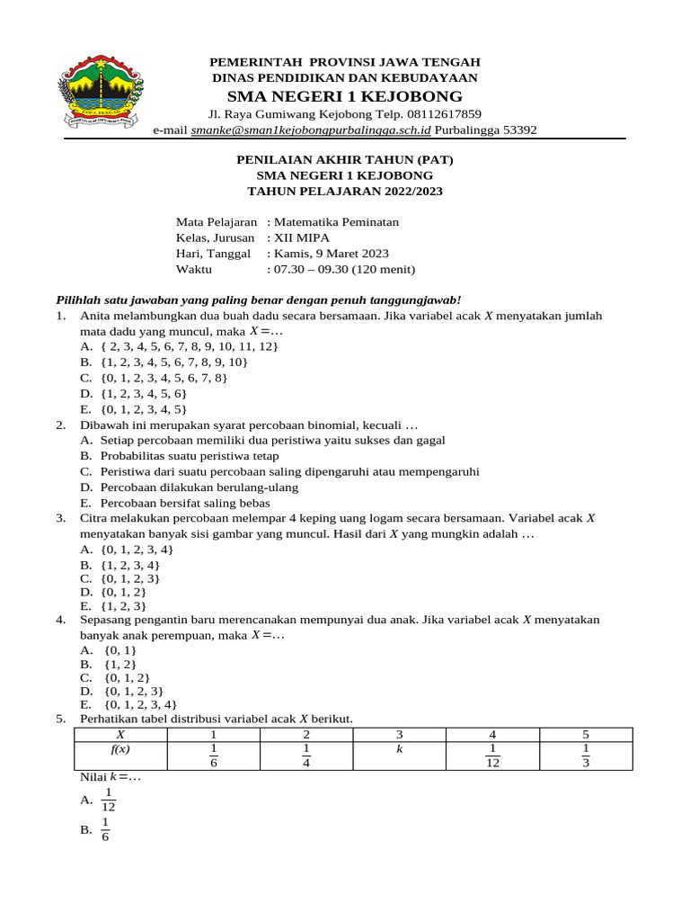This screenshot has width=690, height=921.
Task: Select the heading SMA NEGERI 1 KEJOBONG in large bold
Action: click(345, 96)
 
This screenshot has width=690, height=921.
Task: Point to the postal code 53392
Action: click(517, 130)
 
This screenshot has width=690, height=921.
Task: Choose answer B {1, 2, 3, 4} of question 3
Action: click(131, 564)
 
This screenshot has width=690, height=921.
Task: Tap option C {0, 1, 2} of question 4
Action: click(127, 677)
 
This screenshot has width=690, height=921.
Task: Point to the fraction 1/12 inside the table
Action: click(493, 756)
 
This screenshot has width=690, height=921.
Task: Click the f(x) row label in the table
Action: click(120, 747)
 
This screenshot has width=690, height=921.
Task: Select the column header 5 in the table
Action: click(586, 734)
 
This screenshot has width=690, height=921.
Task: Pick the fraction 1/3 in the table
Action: click(586, 756)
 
